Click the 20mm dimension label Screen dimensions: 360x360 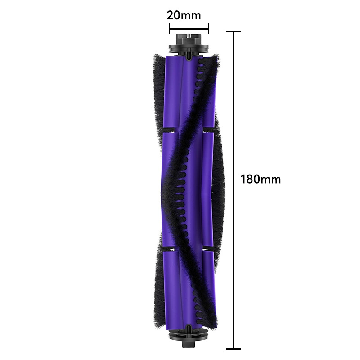click(x=184, y=15)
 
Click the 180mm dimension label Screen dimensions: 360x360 click(x=261, y=179)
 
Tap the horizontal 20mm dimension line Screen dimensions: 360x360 click(x=189, y=29)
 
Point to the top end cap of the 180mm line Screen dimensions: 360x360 click(x=234, y=31)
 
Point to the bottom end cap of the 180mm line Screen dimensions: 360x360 click(x=234, y=349)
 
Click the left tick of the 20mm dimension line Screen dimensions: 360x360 click(x=169, y=29)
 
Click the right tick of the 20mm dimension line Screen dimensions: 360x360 click(x=208, y=29)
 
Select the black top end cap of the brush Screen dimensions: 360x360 click(x=189, y=44)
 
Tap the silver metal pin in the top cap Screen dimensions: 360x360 click(x=189, y=36)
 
